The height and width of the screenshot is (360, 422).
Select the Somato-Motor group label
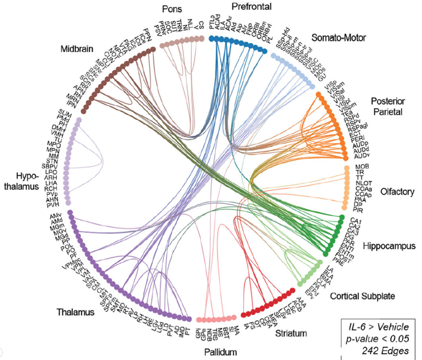[338, 38]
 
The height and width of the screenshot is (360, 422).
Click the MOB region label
[362, 167]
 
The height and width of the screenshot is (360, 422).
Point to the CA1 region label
[355, 221]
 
